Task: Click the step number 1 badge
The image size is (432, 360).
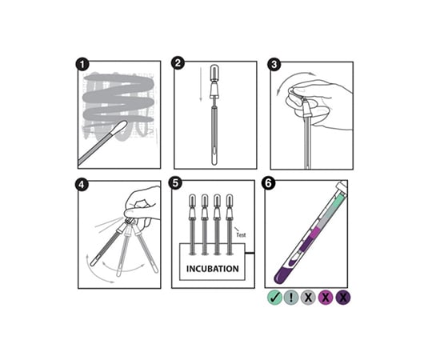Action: [82, 65]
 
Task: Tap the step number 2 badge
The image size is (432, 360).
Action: [178, 63]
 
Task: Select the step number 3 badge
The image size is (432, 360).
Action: [274, 65]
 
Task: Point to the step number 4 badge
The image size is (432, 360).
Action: [82, 185]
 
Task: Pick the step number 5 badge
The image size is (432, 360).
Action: [175, 184]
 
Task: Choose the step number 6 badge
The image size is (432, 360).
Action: [269, 184]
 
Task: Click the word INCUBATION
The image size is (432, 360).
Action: [213, 269]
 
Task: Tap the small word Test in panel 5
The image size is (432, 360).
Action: [241, 235]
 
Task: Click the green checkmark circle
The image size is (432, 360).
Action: [274, 298]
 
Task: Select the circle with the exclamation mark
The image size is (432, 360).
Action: [292, 298]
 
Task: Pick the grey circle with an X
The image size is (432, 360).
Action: [309, 298]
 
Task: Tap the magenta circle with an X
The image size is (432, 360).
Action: [326, 298]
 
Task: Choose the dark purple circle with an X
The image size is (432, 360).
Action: [343, 298]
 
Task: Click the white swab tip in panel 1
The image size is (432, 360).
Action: [119, 128]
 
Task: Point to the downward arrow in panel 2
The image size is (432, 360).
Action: [201, 85]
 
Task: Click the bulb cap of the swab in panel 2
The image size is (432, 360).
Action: [214, 72]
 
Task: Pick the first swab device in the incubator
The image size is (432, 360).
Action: [192, 224]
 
